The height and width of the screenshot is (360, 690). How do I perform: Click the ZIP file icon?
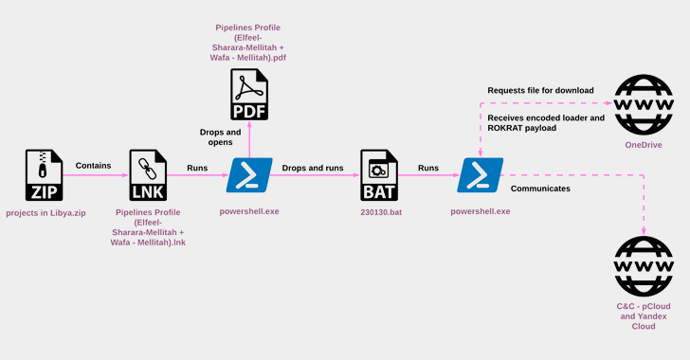44,175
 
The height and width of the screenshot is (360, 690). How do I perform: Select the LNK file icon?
148,175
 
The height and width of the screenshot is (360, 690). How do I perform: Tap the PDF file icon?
249,94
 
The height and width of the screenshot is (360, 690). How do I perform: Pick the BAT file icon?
379,175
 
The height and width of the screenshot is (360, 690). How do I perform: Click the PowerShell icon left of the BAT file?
249,175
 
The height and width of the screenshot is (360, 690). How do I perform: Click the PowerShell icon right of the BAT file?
481,175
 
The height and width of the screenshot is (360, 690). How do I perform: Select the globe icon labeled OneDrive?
644,105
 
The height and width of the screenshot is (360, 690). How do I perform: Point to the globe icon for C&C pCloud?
644,266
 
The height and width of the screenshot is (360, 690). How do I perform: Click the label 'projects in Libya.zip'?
45,213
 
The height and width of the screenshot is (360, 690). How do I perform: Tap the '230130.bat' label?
381,212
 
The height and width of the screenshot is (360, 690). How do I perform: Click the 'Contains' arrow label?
93,166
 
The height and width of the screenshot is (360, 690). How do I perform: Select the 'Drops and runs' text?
313,168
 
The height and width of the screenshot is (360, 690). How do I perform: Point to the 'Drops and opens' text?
221,136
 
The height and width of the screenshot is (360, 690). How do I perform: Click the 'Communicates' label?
540,189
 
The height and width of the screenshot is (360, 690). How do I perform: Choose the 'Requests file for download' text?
540,90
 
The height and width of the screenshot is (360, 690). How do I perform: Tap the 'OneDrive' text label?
644,145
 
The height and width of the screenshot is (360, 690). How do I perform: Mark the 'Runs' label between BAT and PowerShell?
428,168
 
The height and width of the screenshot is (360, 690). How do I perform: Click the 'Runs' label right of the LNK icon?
197,168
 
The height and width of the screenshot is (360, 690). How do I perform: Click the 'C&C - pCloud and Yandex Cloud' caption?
644,316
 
